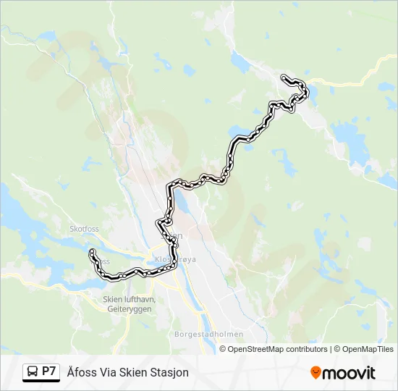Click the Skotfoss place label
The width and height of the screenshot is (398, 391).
point(84,229)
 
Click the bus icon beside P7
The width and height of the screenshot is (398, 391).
point(32,372)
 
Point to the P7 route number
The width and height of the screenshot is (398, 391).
point(49,371)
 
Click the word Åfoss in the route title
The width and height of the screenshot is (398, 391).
point(80,372)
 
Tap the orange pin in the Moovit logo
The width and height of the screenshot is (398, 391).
point(316,373)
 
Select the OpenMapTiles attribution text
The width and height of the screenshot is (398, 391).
point(368,349)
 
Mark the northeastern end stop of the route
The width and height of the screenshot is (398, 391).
point(283,77)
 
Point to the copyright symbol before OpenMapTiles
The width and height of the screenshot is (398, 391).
point(336,349)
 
